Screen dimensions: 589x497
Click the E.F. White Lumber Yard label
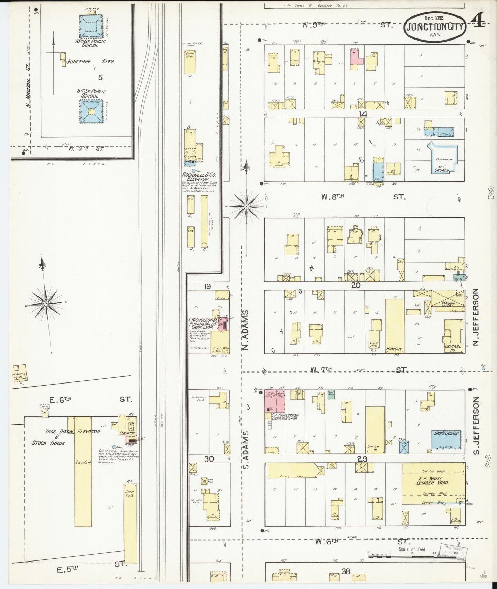tap(434, 480)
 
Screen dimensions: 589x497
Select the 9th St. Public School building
tap(91, 111)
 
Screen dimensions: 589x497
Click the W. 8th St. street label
tap(364, 197)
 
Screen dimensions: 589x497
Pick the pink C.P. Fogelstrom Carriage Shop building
tap(274, 401)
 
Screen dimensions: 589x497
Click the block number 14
tap(363, 114)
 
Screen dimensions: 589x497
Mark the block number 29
tap(362, 459)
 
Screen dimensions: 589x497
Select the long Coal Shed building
tap(294, 470)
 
